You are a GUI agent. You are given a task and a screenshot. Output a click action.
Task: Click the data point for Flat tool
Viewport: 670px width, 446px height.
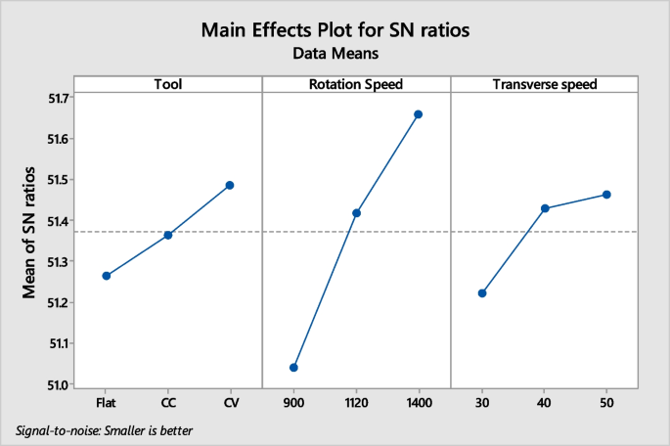[106, 276]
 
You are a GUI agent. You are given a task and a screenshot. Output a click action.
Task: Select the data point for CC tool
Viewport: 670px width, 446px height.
[168, 235]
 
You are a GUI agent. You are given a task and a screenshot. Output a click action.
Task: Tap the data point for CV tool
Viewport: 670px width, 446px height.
[230, 185]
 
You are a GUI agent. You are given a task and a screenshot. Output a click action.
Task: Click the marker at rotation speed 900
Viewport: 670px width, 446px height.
[293, 368]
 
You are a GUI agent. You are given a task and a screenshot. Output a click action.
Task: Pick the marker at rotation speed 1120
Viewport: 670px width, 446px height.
[356, 213]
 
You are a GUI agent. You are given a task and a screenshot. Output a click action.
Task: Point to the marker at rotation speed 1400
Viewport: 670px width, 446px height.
[419, 114]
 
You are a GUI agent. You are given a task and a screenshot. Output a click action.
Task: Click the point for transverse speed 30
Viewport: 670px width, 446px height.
[482, 293]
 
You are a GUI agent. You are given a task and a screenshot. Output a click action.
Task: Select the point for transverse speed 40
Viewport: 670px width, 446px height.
[545, 208]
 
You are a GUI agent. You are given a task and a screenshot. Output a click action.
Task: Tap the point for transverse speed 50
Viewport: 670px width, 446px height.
[606, 195]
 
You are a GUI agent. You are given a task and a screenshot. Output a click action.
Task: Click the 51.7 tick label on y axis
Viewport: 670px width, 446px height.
[57, 98]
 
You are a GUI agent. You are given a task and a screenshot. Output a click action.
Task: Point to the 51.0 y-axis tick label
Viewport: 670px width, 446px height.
[57, 384]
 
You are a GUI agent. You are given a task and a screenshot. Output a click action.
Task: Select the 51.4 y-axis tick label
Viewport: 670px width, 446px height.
[57, 221]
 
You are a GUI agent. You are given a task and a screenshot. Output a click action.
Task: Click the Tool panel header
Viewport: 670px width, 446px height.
[167, 84]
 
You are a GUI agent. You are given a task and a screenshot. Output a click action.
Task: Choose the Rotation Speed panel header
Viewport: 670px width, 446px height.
[356, 84]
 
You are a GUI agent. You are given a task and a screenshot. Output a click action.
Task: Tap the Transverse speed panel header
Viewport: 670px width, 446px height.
[545, 84]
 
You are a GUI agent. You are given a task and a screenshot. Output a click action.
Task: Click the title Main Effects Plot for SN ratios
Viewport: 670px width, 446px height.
[335, 30]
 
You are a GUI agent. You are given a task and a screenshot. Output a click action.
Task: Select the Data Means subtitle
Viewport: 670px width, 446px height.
[335, 55]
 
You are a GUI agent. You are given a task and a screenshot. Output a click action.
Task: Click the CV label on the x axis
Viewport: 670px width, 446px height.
[230, 402]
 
